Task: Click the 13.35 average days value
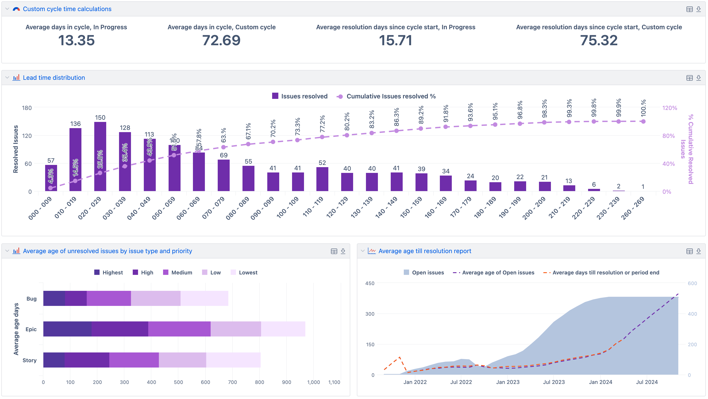(76, 41)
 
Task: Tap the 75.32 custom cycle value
(599, 41)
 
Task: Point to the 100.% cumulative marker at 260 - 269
(643, 121)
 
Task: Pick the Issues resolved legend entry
(300, 96)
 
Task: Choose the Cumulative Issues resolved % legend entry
(386, 96)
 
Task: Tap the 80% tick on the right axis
(668, 136)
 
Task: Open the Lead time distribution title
(54, 78)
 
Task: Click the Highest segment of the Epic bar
(67, 329)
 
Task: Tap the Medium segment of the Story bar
(134, 360)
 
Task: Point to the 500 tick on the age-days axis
(178, 382)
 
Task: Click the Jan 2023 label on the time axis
(508, 382)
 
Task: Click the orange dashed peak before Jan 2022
(400, 357)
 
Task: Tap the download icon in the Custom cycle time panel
(698, 9)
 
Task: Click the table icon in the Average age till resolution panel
(689, 251)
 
